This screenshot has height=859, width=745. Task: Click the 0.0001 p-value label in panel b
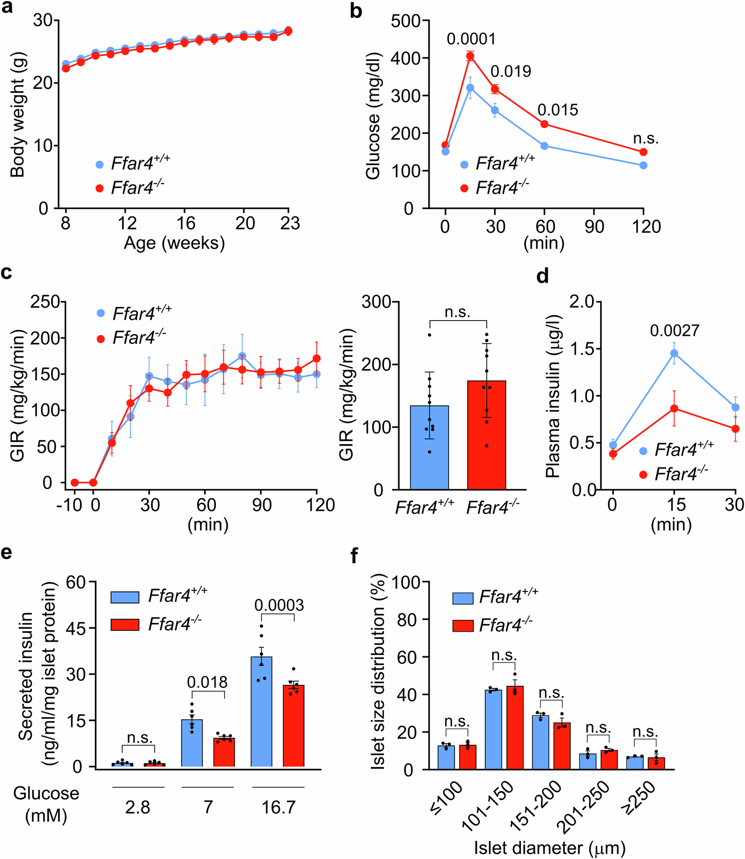coord(471,39)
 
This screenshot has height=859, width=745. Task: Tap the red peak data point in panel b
coord(470,56)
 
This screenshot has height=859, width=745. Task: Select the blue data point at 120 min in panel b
coord(643,165)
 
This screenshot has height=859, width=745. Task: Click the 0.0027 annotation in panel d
coord(674,330)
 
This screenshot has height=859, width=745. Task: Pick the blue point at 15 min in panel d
coord(674,353)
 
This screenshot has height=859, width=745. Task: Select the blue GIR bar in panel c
coord(430,447)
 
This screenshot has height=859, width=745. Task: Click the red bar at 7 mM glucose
coord(224,752)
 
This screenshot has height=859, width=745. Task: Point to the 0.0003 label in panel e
coord(279,605)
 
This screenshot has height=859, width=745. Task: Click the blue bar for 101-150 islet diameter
coord(493,729)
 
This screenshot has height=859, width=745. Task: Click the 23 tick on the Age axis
coord(290,224)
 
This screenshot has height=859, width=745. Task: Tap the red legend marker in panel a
coord(100,188)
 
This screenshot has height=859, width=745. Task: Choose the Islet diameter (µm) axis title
coord(549,848)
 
